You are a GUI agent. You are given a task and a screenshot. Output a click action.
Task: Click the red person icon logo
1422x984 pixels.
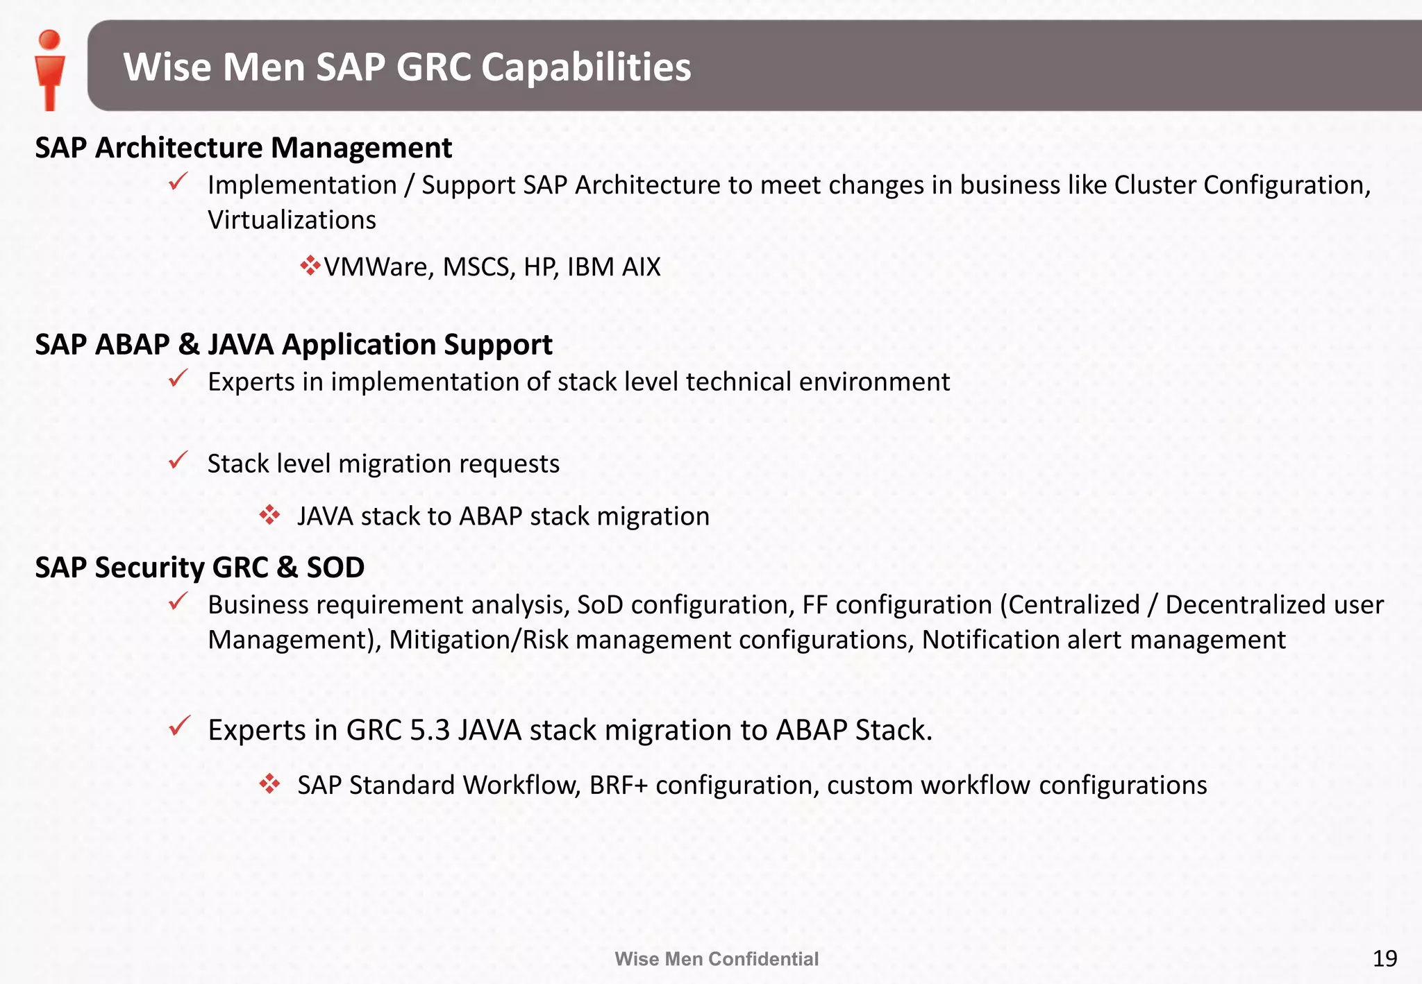(49, 69)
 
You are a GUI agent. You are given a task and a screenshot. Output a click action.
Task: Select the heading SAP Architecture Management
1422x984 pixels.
(243, 148)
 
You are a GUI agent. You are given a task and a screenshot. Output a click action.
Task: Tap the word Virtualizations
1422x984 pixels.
(292, 220)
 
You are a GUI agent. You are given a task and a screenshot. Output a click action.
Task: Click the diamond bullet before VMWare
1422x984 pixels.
(310, 266)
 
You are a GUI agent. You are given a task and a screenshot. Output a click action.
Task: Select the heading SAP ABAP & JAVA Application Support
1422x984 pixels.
(294, 345)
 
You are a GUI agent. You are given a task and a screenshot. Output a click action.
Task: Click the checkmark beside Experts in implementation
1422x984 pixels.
(178, 379)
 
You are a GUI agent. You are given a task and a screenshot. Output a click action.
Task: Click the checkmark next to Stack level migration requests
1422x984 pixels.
(178, 460)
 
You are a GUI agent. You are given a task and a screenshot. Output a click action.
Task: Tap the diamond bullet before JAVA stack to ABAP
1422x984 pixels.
(269, 515)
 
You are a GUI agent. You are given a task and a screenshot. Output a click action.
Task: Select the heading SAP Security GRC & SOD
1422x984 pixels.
(200, 568)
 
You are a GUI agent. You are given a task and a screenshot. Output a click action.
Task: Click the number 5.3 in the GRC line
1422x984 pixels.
(430, 730)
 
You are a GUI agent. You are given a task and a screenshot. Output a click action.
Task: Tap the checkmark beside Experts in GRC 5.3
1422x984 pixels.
(179, 727)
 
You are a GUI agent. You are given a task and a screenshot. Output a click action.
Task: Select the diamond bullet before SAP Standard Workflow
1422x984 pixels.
(269, 784)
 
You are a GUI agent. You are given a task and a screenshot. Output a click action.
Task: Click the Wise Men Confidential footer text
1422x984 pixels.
(717, 959)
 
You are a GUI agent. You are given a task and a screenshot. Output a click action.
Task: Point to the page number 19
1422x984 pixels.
(1385, 958)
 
